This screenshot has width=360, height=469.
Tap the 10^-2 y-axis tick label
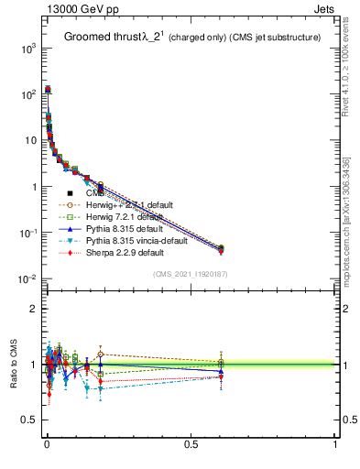27,279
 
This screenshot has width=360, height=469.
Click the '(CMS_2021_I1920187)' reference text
191,274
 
